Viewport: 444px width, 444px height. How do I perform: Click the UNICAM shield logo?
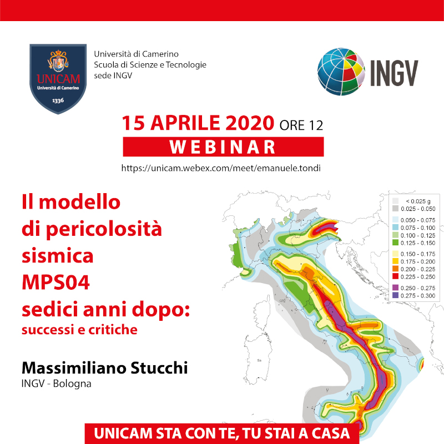pos(58,79)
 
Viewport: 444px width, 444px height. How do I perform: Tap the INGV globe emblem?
pos(341,72)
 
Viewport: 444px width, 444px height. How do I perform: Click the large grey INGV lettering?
pos(394,73)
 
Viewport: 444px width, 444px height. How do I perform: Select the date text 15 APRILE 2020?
pos(198,123)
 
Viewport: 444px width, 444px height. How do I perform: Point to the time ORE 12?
pos(301,125)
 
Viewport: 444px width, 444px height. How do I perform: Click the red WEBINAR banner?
pos(223,147)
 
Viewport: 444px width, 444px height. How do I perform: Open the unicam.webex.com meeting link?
pos(221,168)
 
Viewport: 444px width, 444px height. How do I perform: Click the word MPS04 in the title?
pos(56,282)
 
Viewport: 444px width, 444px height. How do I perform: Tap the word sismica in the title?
pos(58,255)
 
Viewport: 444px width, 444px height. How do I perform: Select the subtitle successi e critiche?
pos(79,330)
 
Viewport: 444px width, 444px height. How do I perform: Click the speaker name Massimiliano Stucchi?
pos(105,368)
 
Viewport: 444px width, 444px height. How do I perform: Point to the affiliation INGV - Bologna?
pos(57,384)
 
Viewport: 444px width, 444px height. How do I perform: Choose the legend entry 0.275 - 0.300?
pos(413,296)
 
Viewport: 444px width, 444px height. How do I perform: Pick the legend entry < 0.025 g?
pos(412,201)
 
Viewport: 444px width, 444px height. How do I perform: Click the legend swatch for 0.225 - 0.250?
pos(395,276)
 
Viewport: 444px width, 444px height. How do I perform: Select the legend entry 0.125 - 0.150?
pos(413,243)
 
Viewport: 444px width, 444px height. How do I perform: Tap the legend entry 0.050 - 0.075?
pos(413,220)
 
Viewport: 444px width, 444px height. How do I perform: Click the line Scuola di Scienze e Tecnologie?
pos(150,65)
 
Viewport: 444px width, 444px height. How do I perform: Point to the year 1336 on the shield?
pos(58,100)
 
